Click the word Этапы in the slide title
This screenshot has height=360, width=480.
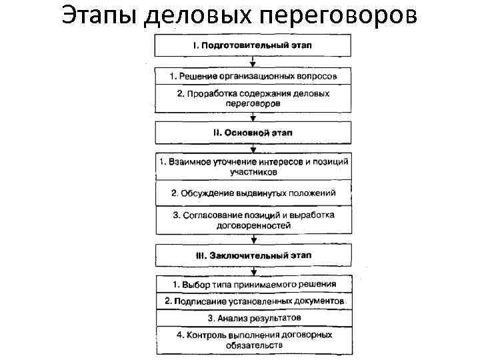pos(101,15)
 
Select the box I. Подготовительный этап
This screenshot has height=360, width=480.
pos(253,45)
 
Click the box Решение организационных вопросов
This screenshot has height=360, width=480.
pos(253,76)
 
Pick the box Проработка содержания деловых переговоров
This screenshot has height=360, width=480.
pos(253,99)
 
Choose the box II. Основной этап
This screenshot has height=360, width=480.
pos(253,132)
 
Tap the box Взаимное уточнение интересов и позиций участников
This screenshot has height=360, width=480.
pos(253,167)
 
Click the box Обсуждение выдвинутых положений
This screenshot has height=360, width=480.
pos(253,193)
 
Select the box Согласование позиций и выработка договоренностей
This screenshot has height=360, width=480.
pos(253,220)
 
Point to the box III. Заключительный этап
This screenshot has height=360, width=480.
pos(253,255)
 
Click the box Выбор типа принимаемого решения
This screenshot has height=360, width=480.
pos(253,284)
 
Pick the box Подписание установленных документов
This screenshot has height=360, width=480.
pos(253,301)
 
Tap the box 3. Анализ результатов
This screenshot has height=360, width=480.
pos(253,318)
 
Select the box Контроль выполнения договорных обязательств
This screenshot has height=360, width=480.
pos(253,339)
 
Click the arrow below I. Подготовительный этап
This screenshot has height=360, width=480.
pos(253,61)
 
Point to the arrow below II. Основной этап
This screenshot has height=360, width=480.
pos(253,149)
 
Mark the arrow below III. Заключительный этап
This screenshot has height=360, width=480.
pos(253,271)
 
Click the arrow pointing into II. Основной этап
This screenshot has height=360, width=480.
pos(253,117)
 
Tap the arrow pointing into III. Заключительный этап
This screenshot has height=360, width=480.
pos(253,239)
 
